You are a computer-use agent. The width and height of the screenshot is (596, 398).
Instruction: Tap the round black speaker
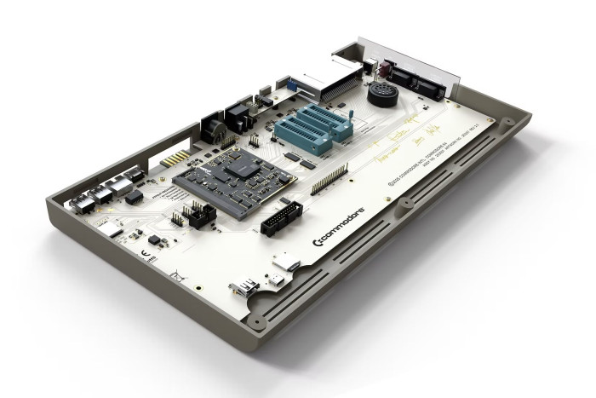click(x=381, y=95)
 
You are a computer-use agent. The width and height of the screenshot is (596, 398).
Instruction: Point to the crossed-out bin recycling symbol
click(x=175, y=274)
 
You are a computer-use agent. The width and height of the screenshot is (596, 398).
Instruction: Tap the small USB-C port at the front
click(x=278, y=279)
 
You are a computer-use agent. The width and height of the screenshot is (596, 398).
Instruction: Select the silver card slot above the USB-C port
click(x=288, y=263)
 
